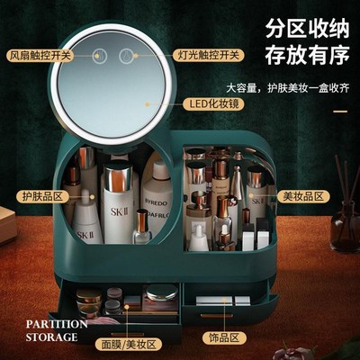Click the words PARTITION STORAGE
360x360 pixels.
click(x=56, y=330)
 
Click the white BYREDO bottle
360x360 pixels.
click(x=159, y=200)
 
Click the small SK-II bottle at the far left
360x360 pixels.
click(x=85, y=220)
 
